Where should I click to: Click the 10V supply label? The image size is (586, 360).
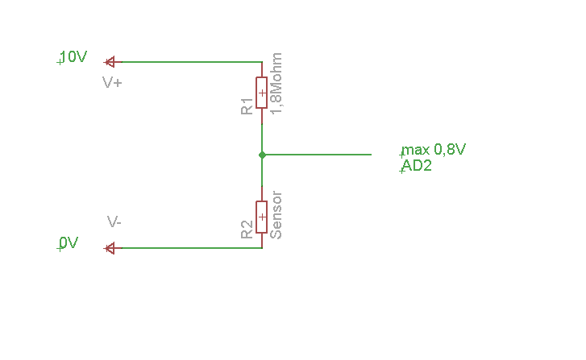[x=73, y=57]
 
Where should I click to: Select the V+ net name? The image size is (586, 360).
[x=112, y=82]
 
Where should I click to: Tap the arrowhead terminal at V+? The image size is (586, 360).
[x=110, y=61]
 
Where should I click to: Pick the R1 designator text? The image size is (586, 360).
[x=247, y=106]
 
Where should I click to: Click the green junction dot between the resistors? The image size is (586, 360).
[x=262, y=154]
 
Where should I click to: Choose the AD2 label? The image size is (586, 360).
[x=417, y=167]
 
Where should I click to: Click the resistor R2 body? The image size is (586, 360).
[x=262, y=217]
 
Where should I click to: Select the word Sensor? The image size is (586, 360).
[x=276, y=215]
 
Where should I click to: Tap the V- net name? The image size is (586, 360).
[x=114, y=221]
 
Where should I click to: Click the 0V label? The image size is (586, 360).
[x=69, y=243]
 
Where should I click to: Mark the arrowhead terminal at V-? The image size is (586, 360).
[x=110, y=248]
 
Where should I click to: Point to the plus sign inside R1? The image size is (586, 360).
[x=262, y=93]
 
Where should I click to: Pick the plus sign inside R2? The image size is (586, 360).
[x=262, y=217]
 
